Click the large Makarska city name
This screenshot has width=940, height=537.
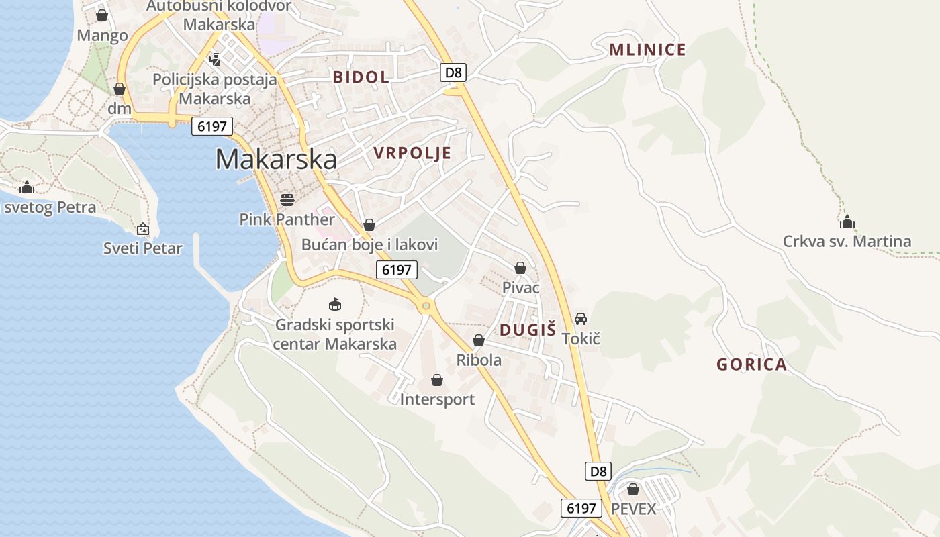(x=276, y=159)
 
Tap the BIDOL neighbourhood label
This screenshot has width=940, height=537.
(x=361, y=77)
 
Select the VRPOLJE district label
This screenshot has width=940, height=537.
(x=412, y=154)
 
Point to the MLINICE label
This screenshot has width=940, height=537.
(x=647, y=50)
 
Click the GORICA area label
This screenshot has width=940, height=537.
(x=751, y=365)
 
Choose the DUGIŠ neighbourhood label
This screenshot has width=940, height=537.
(x=528, y=330)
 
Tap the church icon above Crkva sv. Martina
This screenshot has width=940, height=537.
(x=847, y=222)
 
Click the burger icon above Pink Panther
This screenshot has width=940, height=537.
(x=287, y=200)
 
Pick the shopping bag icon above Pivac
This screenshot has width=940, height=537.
(x=520, y=268)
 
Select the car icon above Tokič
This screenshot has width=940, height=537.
(x=581, y=319)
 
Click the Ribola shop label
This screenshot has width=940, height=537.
(x=479, y=360)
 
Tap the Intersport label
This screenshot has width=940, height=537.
(x=437, y=400)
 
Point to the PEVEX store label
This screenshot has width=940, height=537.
(x=633, y=509)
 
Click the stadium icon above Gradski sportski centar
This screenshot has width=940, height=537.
(x=335, y=305)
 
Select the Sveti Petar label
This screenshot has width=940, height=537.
(x=143, y=249)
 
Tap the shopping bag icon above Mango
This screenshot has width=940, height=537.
(x=102, y=15)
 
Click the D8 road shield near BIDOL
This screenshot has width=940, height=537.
(x=453, y=72)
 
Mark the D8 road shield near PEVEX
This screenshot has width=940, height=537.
(x=598, y=471)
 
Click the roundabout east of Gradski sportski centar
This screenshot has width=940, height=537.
(x=426, y=307)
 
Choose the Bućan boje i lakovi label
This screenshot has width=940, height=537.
(x=369, y=245)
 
